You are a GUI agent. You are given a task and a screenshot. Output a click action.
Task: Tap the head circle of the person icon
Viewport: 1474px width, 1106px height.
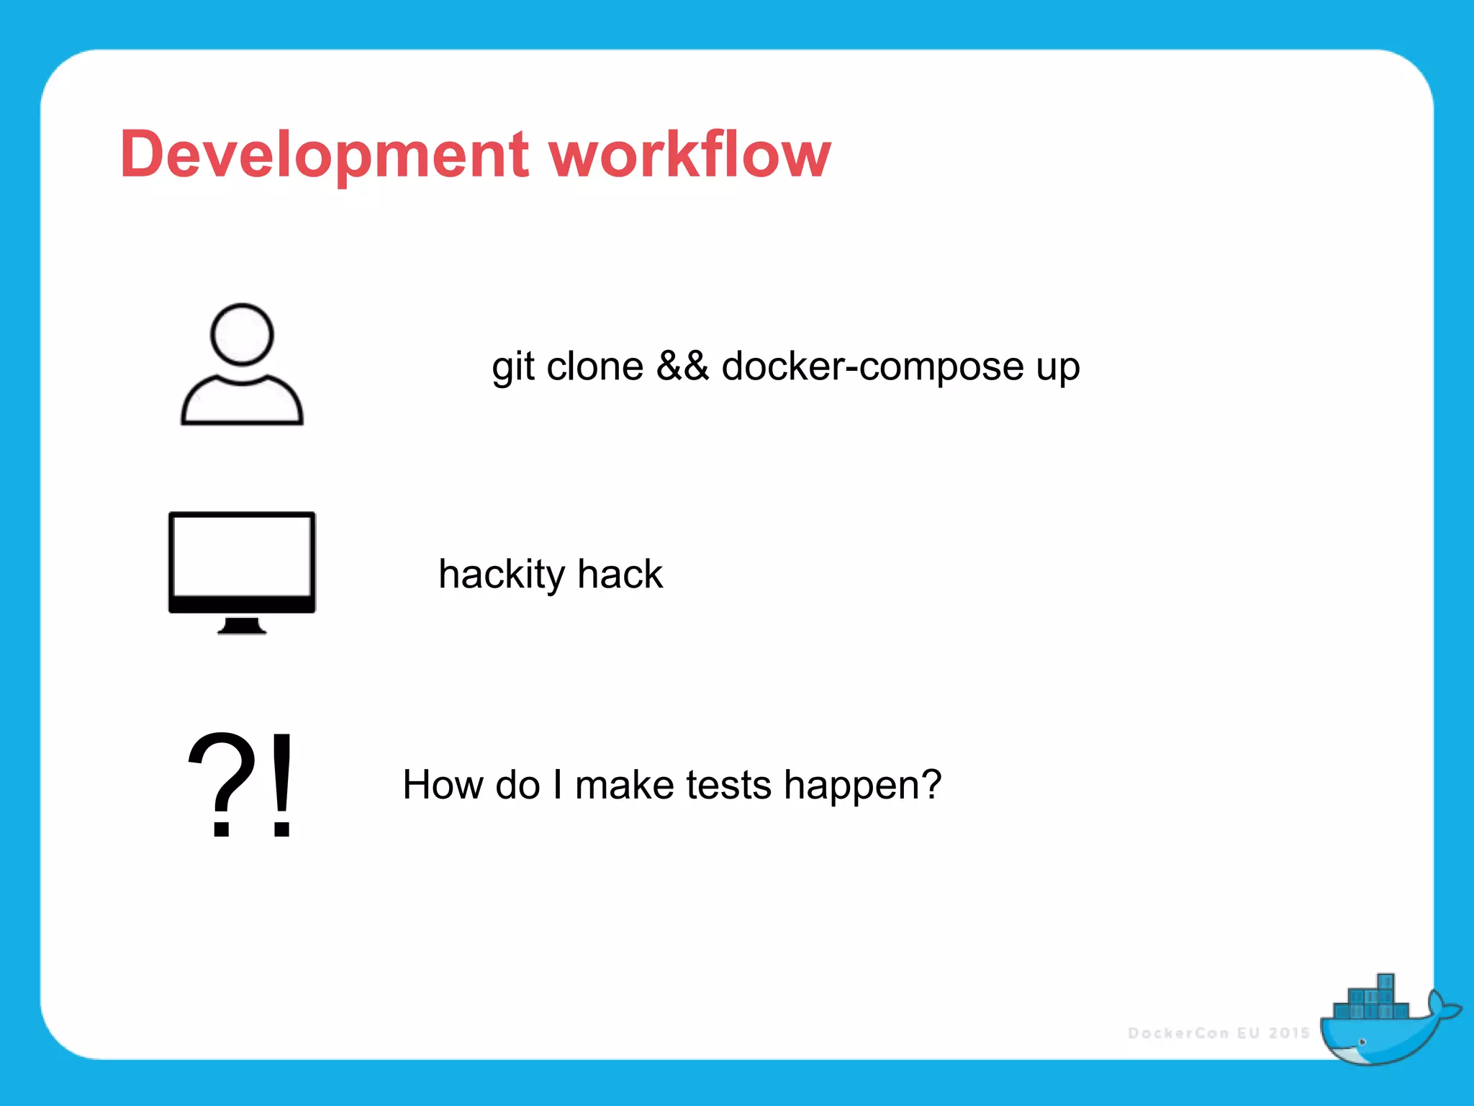242,335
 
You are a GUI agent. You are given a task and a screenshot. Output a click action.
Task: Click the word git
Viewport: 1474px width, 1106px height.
512,367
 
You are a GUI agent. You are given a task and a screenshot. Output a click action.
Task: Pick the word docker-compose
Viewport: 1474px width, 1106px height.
872,367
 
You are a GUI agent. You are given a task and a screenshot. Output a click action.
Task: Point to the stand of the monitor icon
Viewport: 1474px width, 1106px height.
242,626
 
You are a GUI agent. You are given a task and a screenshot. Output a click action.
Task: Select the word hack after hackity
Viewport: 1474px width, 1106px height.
620,574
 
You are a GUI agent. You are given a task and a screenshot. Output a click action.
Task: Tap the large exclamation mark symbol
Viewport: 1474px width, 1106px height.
282,785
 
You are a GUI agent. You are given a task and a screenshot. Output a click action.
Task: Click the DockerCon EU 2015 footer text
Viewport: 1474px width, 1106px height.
1218,1033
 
